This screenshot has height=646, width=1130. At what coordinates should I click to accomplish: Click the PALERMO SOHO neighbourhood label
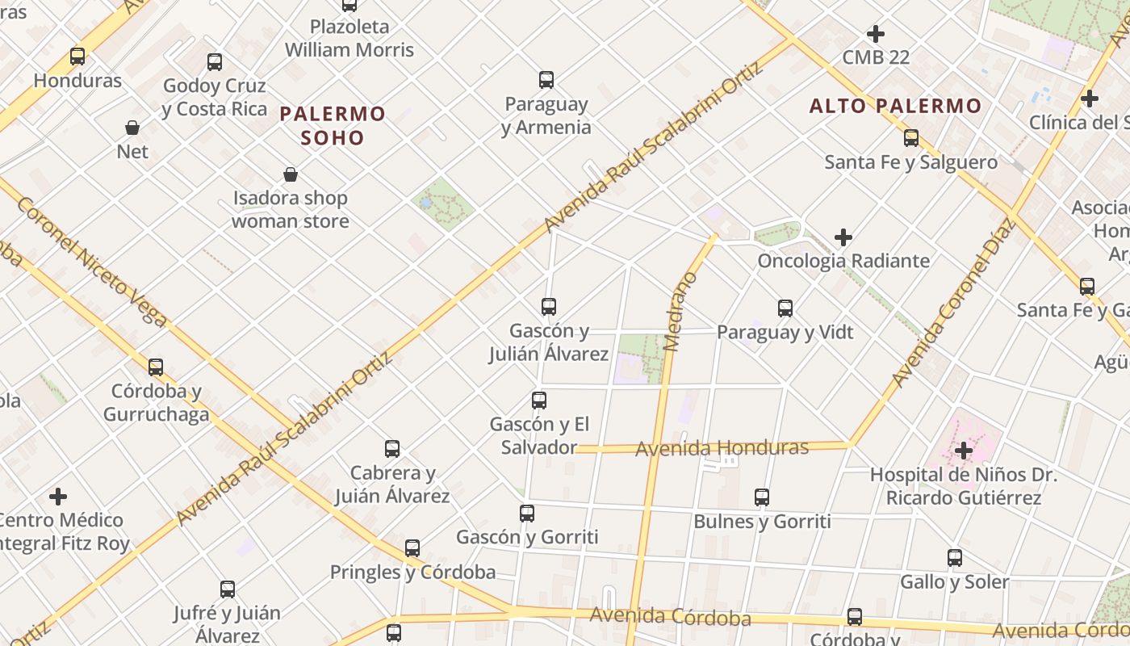(x=333, y=125)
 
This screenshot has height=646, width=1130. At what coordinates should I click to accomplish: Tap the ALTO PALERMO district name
(x=895, y=106)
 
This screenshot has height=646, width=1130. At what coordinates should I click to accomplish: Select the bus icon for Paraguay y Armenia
(x=546, y=80)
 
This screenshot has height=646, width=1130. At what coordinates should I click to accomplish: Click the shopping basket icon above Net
(x=132, y=128)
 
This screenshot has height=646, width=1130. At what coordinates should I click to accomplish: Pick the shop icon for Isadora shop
(x=291, y=174)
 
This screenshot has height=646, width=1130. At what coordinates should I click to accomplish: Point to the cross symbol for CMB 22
(x=876, y=34)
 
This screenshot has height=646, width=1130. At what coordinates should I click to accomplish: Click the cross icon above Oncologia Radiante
(x=843, y=237)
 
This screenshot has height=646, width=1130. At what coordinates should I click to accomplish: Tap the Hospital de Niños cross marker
(x=963, y=451)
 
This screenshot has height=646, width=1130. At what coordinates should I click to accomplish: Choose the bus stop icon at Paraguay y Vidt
(x=785, y=308)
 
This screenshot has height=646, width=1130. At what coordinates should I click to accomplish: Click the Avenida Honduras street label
(x=722, y=447)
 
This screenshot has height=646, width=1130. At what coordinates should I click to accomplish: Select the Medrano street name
(x=682, y=312)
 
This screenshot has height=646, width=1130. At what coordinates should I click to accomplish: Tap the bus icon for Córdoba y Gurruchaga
(x=156, y=367)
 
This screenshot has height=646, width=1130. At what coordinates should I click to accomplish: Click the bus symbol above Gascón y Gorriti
(x=527, y=514)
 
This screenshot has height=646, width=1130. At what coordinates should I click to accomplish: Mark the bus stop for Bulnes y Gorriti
(x=762, y=497)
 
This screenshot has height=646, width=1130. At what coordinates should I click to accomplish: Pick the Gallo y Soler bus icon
(x=955, y=558)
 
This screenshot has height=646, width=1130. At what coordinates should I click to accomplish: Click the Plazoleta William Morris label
(x=349, y=38)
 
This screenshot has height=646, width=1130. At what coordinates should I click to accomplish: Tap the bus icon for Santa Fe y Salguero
(x=911, y=138)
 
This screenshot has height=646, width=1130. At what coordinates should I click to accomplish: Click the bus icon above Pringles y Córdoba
(x=412, y=548)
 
